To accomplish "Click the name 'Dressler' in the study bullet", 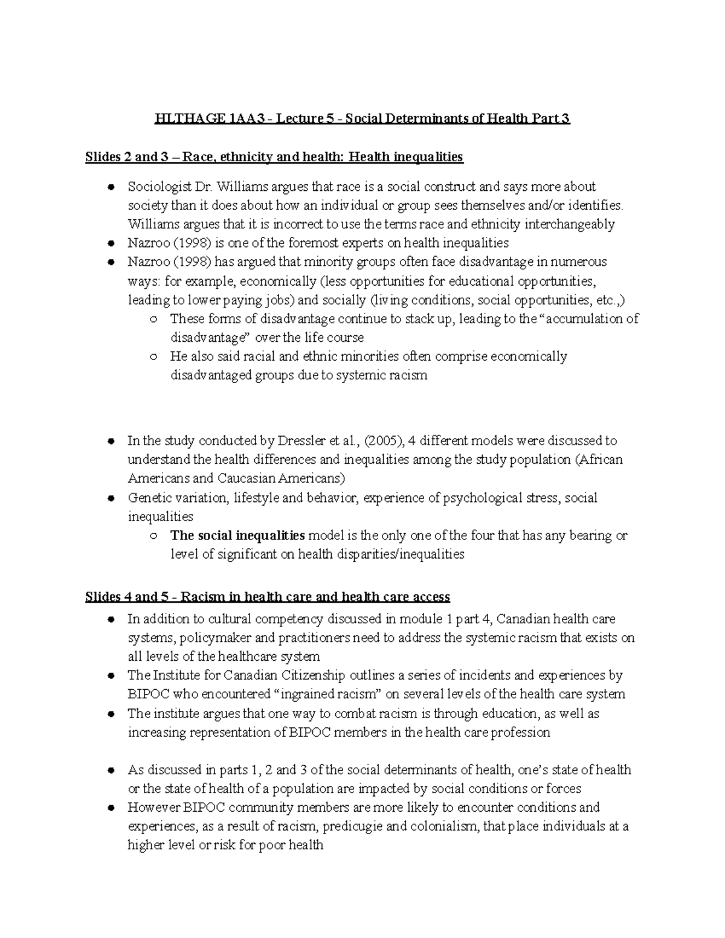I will (300, 441).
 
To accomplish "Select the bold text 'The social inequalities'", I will (237, 535).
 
